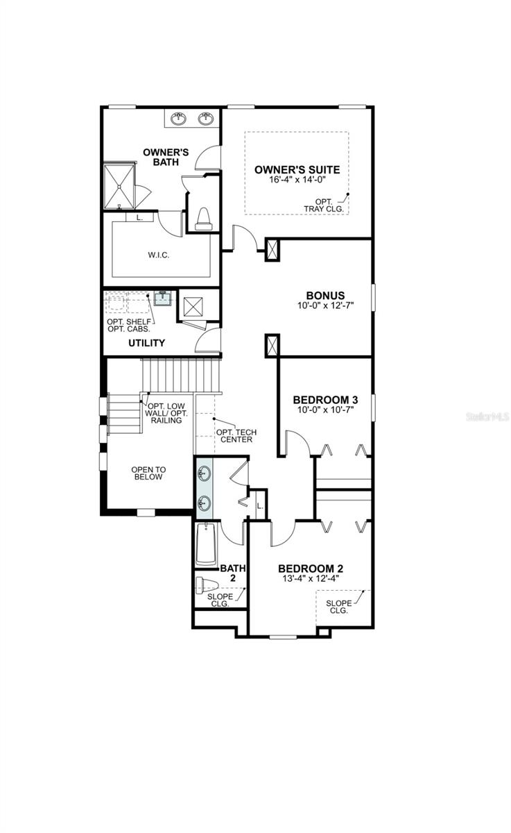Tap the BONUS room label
pos(325,295)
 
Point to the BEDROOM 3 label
pos(325,400)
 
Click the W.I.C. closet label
pos(159,255)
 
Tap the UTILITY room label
pos(146,343)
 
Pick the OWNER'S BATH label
pos(166,157)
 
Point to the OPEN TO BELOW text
pos(147,473)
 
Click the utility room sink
pos(162,298)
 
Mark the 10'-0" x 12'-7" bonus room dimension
pos(325,305)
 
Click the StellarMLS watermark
pos(488,418)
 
